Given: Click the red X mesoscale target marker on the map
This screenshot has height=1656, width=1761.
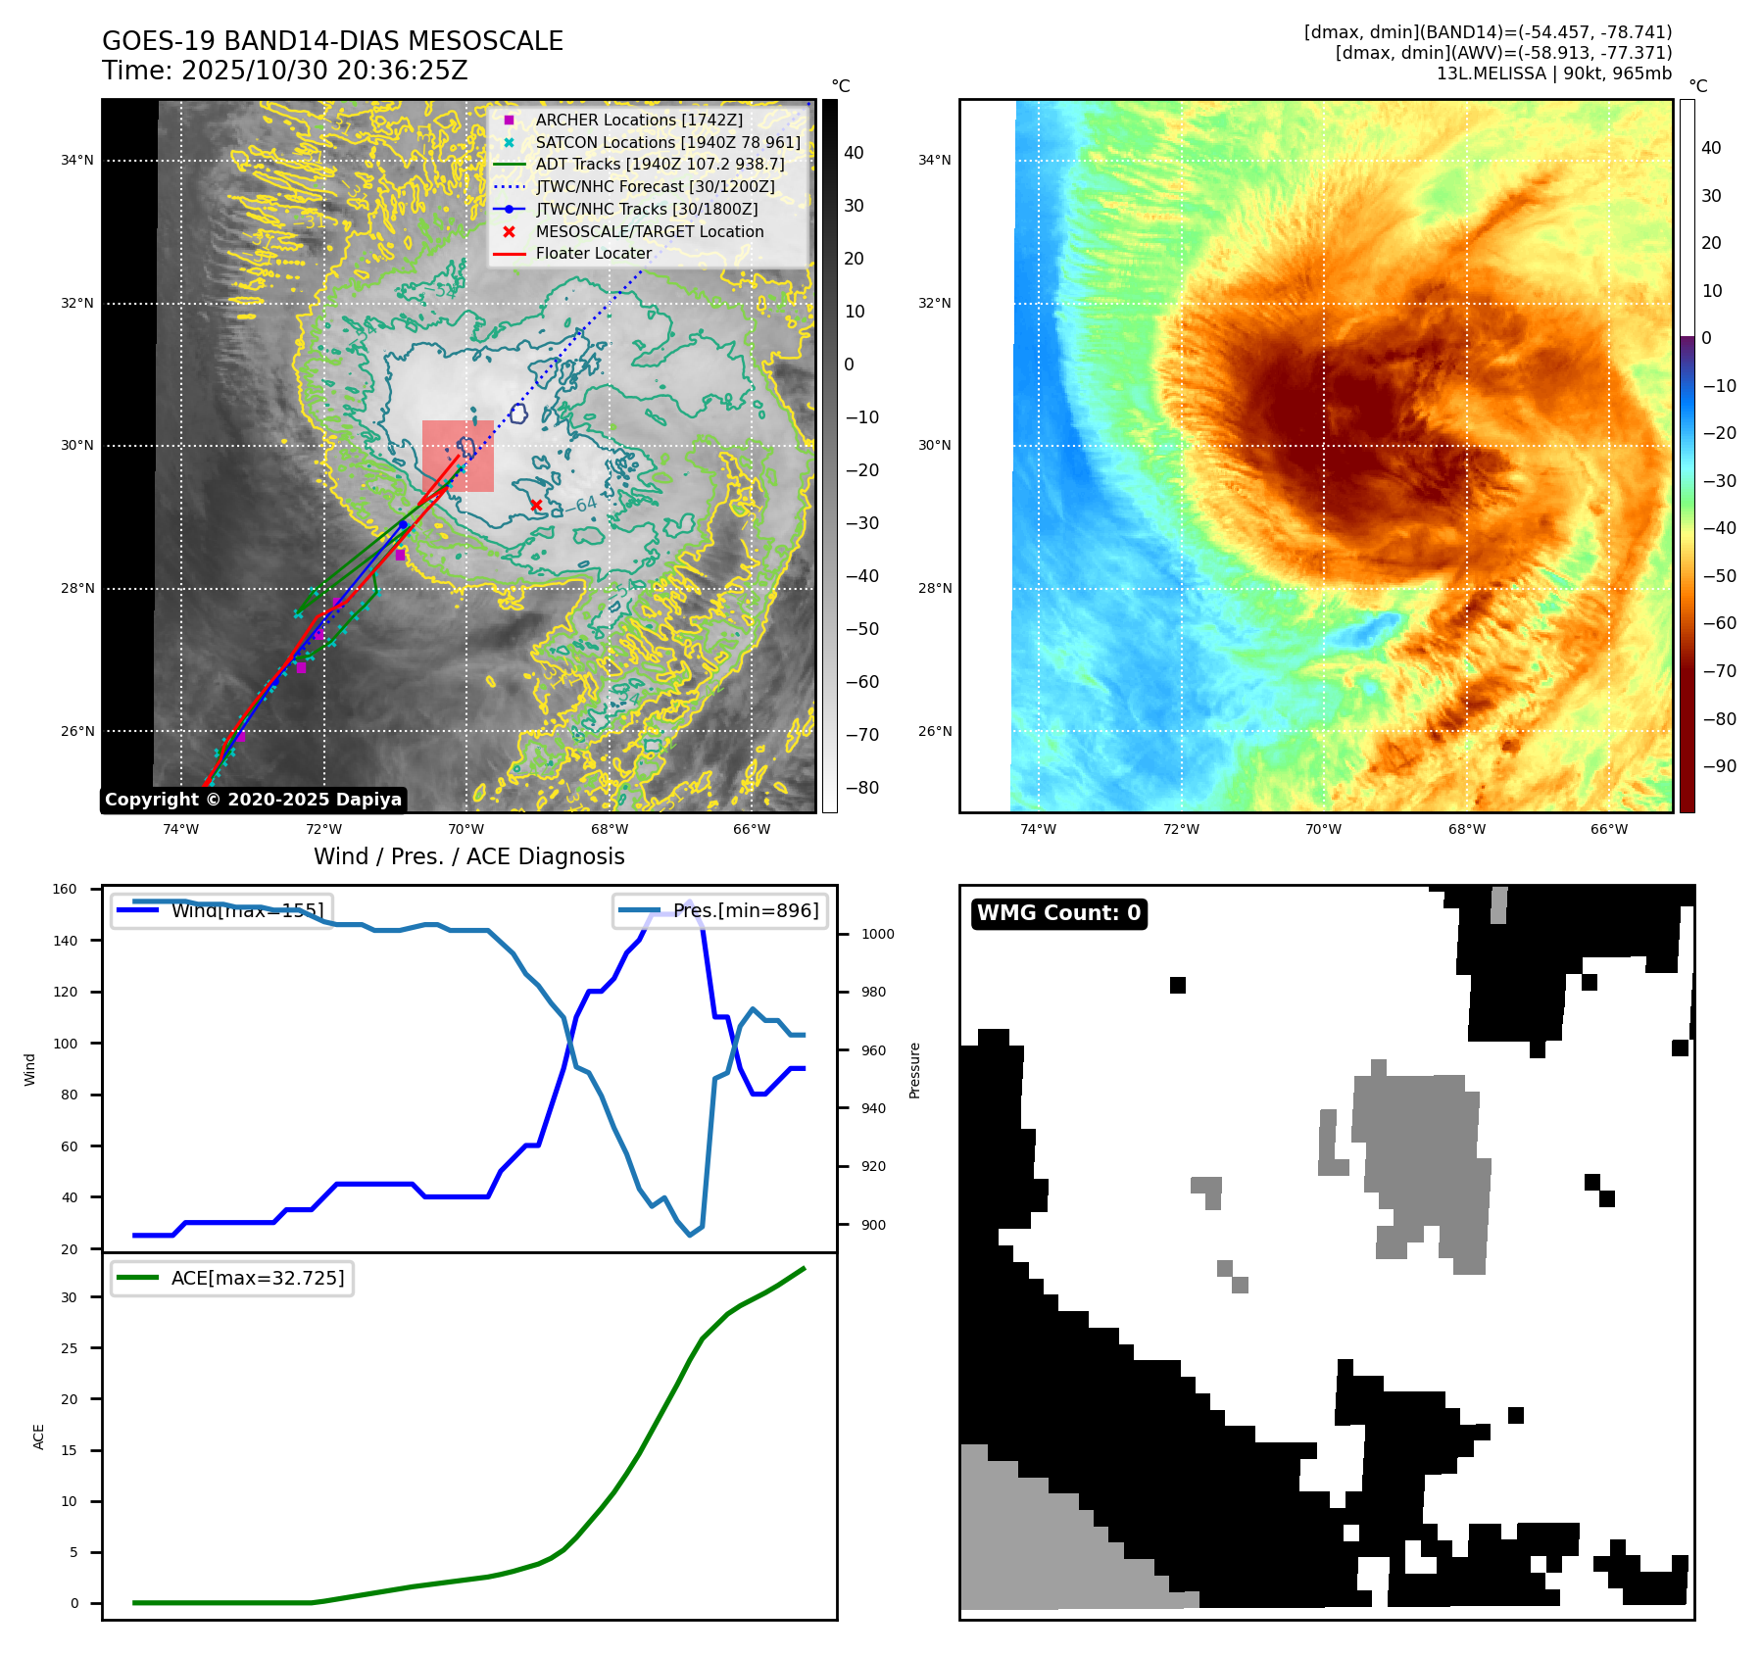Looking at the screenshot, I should (536, 506).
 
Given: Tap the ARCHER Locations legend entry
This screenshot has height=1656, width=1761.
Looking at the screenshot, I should (638, 120).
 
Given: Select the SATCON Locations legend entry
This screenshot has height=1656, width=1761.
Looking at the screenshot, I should (666, 142).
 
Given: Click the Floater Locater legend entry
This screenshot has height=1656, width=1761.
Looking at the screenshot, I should (593, 253).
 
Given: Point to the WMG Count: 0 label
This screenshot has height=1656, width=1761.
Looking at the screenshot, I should (1058, 913).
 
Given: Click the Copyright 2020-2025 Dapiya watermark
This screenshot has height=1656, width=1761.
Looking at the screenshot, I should (253, 800).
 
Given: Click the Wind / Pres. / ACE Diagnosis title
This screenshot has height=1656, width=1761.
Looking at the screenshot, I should (468, 856).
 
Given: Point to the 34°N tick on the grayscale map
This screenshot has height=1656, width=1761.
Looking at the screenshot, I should (77, 161).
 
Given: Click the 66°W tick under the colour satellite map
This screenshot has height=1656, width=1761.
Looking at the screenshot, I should (1608, 829).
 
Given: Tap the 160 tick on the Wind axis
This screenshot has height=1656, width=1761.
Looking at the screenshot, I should (65, 890).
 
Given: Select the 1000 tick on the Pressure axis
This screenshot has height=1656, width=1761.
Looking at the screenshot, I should (877, 934).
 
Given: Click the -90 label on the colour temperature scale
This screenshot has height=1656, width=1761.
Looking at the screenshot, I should (1719, 766).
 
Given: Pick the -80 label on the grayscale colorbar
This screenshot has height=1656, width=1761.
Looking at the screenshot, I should (861, 788).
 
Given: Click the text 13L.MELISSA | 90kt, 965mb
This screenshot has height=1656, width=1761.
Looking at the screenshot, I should (1553, 73).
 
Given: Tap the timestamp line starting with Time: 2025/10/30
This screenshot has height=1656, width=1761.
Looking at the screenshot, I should (284, 71).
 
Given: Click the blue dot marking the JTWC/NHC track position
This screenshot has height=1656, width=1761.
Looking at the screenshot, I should (403, 525).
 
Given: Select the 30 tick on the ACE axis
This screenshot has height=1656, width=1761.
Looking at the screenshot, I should (69, 1297).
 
